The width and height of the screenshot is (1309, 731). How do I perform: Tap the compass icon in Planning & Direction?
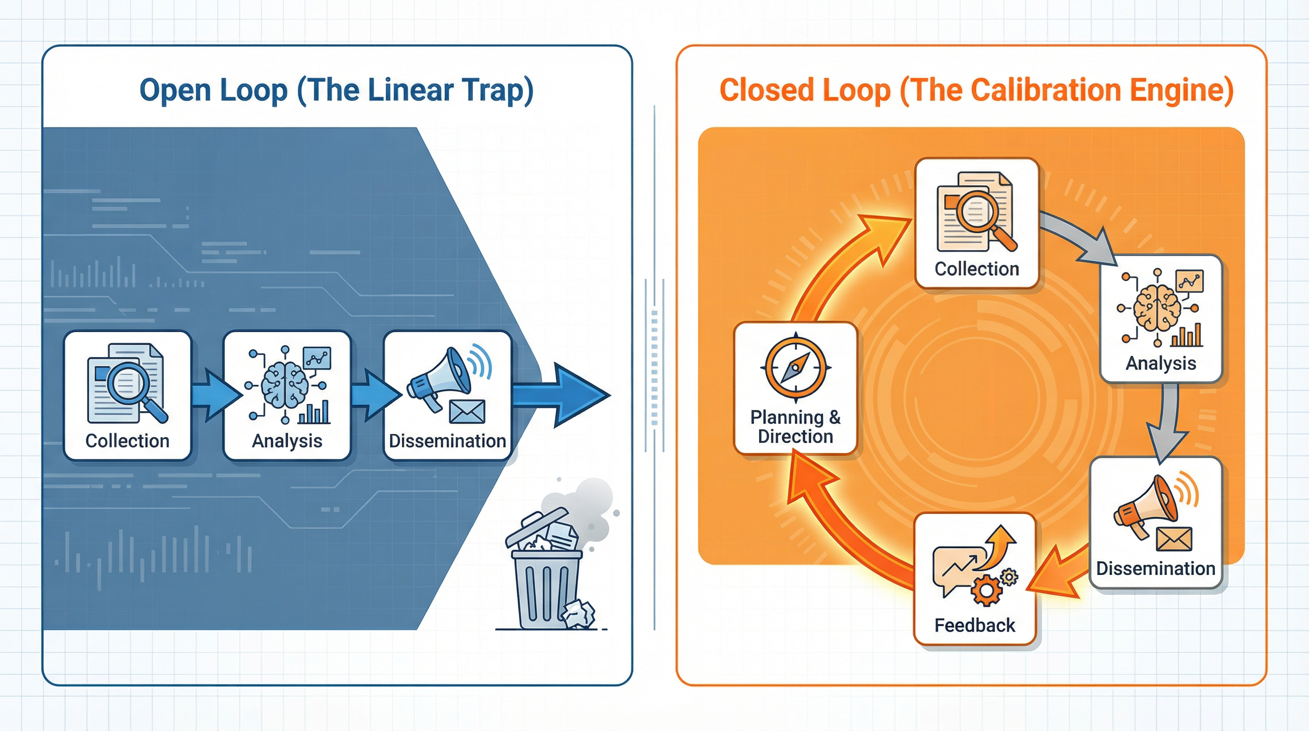pyautogui.click(x=795, y=366)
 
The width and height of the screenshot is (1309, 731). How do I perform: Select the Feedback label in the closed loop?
pyautogui.click(x=975, y=625)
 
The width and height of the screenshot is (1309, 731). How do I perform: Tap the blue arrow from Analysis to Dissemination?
pyautogui.click(x=374, y=395)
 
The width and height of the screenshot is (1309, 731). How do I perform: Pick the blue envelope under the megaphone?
pyautogui.click(x=467, y=411)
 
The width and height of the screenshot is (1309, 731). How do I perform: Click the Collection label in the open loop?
pyautogui.click(x=127, y=441)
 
